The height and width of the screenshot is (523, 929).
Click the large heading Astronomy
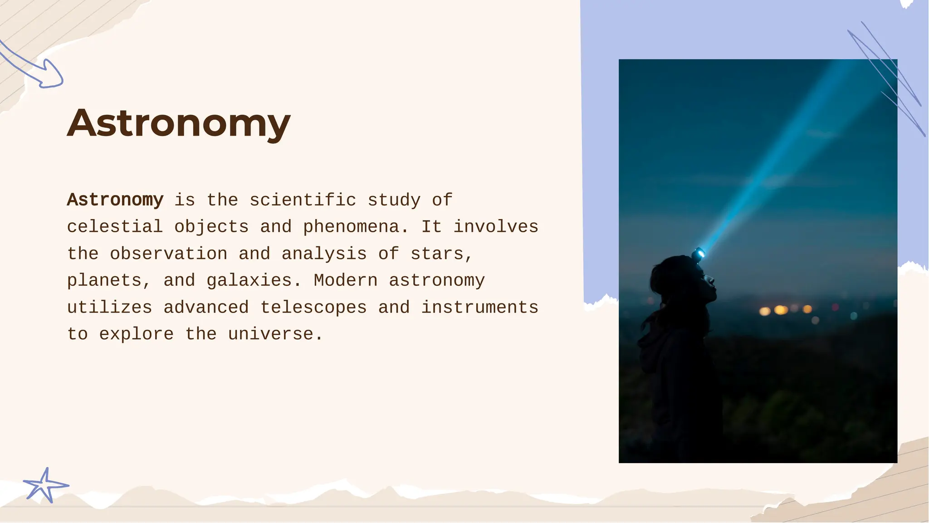coord(179,123)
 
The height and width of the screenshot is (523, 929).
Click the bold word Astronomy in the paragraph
coord(115,200)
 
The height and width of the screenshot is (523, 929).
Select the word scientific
coord(303,200)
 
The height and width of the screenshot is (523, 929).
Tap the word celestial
coord(115,227)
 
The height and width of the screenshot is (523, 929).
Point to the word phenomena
coord(351,227)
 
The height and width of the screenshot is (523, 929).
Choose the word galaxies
coord(249,280)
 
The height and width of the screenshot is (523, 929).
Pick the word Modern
coord(345,280)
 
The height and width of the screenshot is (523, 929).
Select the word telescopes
coord(313,308)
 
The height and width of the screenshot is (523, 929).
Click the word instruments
coord(480,308)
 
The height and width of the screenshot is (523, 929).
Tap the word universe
coord(270,334)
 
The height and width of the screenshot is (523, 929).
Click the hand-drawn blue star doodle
coord(45,486)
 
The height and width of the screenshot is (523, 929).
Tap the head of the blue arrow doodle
coord(51,75)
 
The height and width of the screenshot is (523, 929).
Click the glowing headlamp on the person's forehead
coord(699,254)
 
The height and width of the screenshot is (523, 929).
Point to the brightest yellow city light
coord(780,310)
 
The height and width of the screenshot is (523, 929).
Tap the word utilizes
coord(109,308)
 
